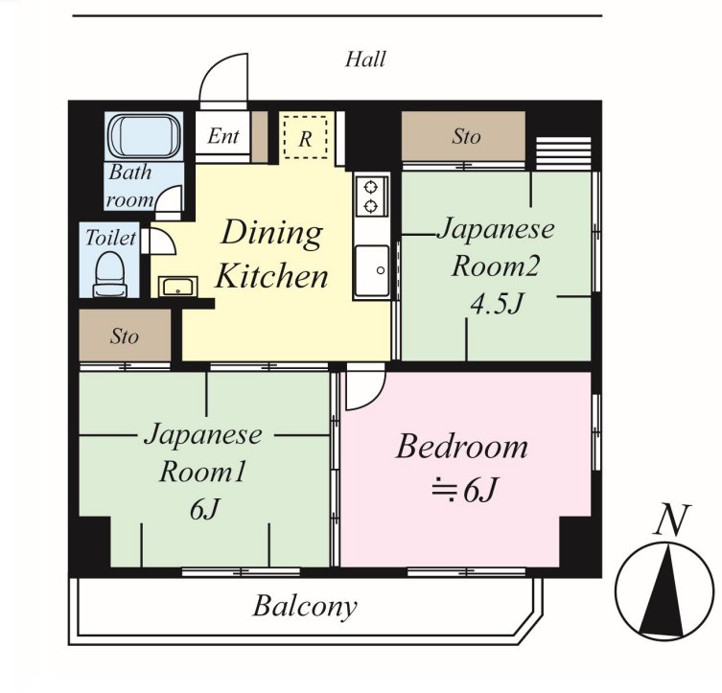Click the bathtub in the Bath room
pos(144,137)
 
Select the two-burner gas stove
pos(371,196)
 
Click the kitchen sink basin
pos(371,270)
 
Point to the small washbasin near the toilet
pos(177,287)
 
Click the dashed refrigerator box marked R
pos(306,138)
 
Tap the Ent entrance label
pos(223,136)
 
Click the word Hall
pos(365,59)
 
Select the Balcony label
pos(305,606)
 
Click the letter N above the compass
pos(672,520)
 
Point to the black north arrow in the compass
pos(662,589)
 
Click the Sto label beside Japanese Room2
pos(466,137)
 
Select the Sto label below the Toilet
pos(125,336)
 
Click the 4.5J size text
pos(498,303)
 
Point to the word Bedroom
pos(462,447)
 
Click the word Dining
pos(271,233)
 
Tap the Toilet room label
pos(110,238)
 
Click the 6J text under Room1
pos(204,509)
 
